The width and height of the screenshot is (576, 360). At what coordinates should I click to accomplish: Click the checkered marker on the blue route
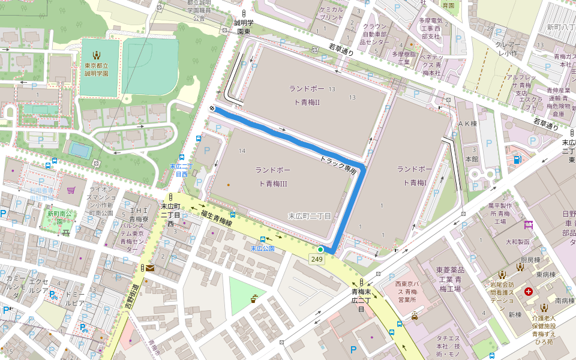212,109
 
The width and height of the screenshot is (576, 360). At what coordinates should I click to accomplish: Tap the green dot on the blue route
320,249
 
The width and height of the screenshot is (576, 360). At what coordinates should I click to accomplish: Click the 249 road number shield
317,259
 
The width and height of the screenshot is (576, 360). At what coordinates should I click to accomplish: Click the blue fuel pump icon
518,160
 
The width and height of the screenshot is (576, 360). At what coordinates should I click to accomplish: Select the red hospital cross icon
529,292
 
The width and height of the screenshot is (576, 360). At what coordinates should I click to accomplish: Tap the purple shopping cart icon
71,190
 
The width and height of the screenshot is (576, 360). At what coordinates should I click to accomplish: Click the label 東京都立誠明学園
96,69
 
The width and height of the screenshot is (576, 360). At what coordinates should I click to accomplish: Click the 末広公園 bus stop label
262,248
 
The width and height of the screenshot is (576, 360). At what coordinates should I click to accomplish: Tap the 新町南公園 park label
59,214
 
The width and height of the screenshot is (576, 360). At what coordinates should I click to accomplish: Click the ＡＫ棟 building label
467,123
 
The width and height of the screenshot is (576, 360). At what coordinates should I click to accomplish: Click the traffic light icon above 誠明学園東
244,13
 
